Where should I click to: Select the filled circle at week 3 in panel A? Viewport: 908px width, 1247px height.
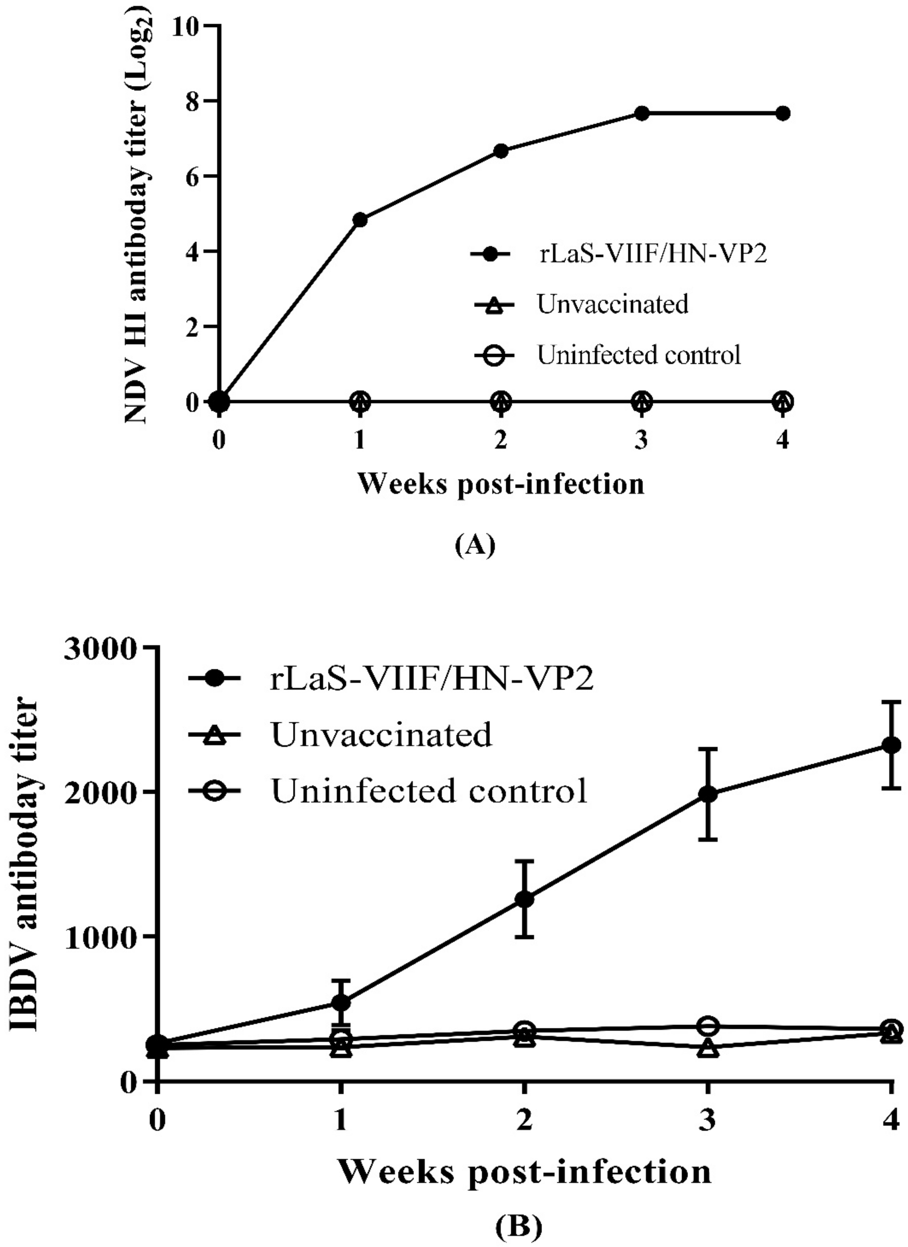tap(642, 113)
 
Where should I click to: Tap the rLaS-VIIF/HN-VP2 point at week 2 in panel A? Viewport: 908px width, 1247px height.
tap(501, 151)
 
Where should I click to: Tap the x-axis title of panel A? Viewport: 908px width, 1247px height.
tap(501, 484)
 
